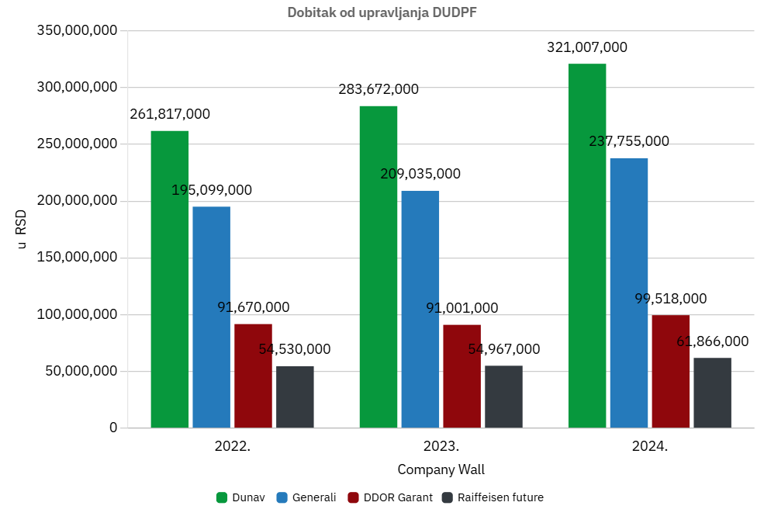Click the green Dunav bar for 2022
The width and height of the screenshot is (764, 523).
point(170,279)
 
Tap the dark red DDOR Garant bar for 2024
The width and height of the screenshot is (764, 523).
point(671,371)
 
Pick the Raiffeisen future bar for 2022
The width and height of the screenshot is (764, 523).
point(295,397)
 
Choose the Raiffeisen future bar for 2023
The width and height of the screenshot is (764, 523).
point(504,397)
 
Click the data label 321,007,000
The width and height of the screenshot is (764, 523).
point(587,47)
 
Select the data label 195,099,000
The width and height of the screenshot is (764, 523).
point(212,190)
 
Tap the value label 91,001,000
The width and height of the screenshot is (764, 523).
point(462,308)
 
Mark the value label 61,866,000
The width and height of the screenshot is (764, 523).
point(713,341)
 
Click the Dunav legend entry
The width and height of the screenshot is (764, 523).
point(240,497)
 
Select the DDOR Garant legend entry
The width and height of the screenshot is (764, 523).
point(390,497)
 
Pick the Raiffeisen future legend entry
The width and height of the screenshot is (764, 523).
point(493,497)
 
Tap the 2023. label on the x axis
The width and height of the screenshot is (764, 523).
point(441,447)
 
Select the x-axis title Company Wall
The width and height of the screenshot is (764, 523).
point(441,469)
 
